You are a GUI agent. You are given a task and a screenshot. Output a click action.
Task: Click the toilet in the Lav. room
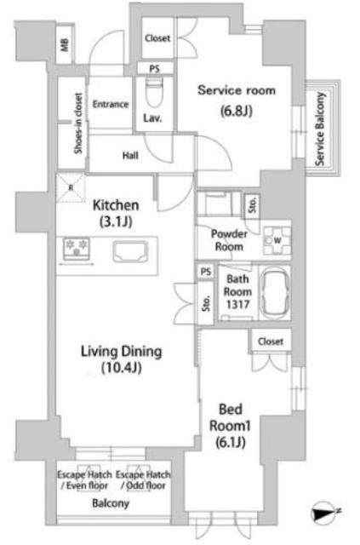(x=155, y=91)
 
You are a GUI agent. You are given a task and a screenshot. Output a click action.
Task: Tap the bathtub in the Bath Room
(x=275, y=292)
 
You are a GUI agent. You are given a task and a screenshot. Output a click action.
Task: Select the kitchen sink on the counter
(x=130, y=251)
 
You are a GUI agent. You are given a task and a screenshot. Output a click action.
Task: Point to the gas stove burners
(x=77, y=248)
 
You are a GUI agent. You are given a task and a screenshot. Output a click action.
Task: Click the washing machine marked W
(x=277, y=240)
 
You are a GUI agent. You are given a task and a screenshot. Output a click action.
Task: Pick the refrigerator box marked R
(x=71, y=188)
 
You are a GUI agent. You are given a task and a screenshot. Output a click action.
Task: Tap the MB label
(x=65, y=45)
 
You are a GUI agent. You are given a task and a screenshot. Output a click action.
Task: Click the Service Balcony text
(x=320, y=129)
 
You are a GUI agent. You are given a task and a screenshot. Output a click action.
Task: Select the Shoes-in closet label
(x=78, y=123)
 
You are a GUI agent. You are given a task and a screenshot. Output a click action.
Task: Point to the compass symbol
(x=324, y=512)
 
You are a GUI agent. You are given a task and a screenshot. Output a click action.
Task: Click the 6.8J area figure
(x=237, y=111)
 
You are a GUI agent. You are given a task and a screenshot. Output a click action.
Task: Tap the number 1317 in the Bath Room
(x=237, y=305)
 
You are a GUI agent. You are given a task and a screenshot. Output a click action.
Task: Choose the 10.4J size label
(x=122, y=367)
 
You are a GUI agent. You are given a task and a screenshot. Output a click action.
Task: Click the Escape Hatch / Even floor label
(x=84, y=479)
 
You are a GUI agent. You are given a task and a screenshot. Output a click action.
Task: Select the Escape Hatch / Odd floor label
(x=143, y=479)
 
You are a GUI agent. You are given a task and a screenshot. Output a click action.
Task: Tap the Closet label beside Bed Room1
(x=271, y=341)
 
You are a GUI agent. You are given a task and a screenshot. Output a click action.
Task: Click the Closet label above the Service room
(x=157, y=37)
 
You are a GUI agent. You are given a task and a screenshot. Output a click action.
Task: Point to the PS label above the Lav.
(x=155, y=68)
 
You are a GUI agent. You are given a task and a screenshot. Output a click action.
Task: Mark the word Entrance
(x=111, y=104)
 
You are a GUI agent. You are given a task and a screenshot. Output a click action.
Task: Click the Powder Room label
(x=229, y=240)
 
